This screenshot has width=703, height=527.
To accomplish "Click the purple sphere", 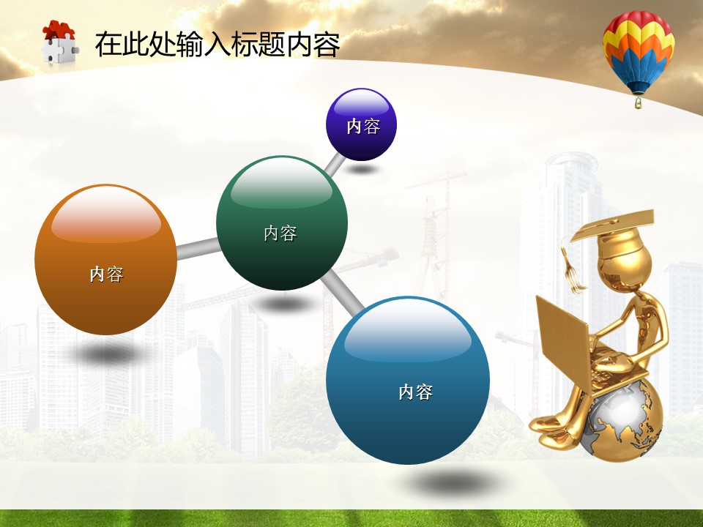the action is pos(361,124).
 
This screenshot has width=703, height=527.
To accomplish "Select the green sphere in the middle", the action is pos(282,223).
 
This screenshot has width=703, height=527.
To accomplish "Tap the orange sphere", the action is pos(105,259).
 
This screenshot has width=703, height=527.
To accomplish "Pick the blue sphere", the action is pos(408,380).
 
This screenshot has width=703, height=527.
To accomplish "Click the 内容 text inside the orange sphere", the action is pos(106,274).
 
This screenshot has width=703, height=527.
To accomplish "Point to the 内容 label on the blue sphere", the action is pos(416,392).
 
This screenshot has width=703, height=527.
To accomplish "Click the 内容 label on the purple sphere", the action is pos(363,127).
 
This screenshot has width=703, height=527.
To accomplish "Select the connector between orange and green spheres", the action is pos(198,249).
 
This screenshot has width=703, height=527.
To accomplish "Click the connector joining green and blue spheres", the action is pos(342,293).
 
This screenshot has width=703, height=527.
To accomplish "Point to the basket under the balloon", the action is pos(638,103).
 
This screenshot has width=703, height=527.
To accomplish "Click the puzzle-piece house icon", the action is pos(59,42).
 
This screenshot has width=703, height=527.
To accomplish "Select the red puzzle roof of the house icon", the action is pos(59,29).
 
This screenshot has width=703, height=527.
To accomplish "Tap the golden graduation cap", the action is pos(614,232).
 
